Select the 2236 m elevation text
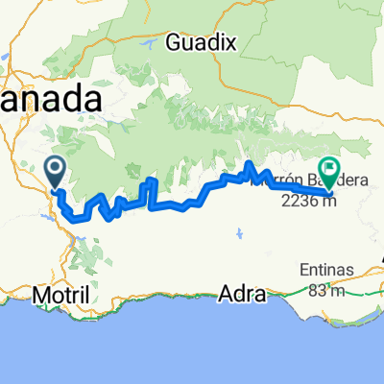click(306, 201)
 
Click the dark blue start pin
click(55, 171)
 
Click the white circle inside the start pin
click(55, 167)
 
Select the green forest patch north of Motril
click(86, 252)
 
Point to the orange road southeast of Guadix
click(278, 86)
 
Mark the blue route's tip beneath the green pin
click(331, 194)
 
